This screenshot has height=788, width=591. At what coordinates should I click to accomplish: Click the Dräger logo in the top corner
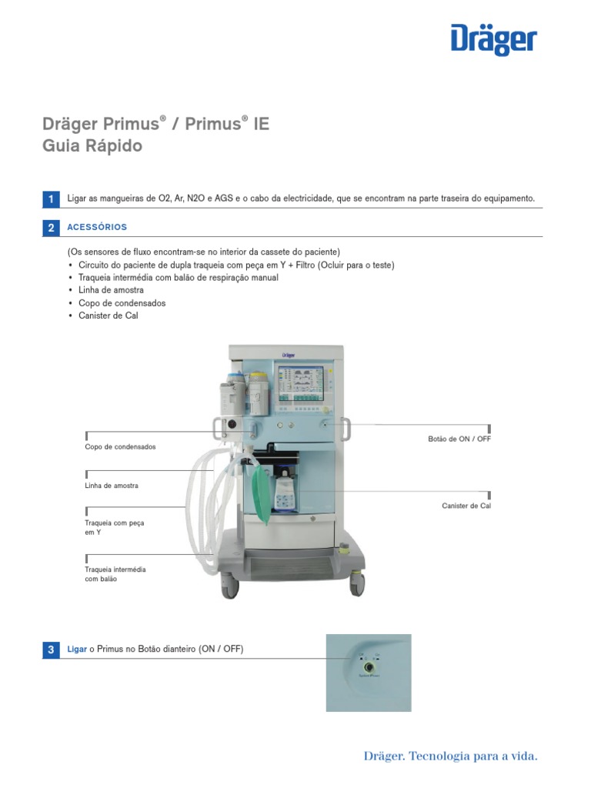point(493,41)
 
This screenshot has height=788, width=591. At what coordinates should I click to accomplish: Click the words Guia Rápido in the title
point(92,145)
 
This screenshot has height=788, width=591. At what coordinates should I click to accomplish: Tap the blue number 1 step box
point(51,199)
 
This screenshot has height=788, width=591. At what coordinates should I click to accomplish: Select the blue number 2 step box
point(51,228)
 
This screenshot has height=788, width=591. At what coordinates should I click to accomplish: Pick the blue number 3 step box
point(51,649)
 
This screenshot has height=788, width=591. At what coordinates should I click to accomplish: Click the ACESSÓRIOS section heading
point(97,227)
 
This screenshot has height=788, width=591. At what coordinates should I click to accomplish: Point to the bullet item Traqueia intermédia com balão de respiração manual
point(178,277)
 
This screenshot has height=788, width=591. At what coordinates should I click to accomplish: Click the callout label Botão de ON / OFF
point(459,439)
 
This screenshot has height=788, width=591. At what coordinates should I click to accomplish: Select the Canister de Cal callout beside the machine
point(466,506)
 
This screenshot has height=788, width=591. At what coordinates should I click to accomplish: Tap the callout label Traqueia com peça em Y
point(114,527)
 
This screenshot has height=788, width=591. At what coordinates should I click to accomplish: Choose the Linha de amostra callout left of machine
point(112,486)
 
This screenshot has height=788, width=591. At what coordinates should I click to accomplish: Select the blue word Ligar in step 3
point(77,649)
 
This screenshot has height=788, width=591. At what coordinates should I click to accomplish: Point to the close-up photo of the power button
point(368,673)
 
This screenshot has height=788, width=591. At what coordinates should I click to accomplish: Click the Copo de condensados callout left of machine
point(120,446)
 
